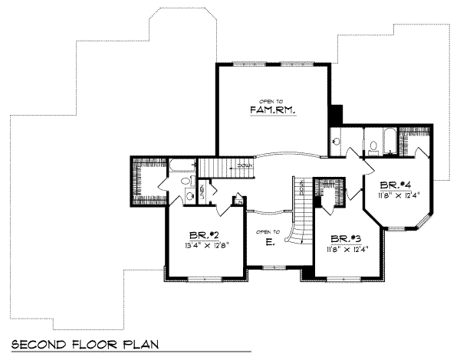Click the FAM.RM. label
tap(273, 110)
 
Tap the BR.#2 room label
tap(205, 235)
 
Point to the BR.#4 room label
tap(396, 185)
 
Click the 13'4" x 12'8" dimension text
tap(205, 246)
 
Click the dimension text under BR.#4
tap(396, 196)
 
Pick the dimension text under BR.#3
tap(343, 249)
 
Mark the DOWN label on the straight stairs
tap(244, 165)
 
